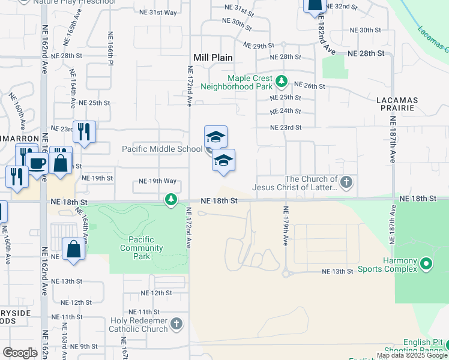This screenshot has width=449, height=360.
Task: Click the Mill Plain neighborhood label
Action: coord(213,58)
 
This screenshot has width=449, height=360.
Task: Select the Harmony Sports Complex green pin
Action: coord(426,263)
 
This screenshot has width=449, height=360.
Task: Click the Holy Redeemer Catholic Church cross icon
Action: coord(176,325)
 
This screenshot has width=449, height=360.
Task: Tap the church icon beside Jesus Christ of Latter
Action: coord(346,182)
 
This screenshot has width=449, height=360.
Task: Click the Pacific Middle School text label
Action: coord(162,149)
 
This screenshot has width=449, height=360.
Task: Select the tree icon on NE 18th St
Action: coord(171,199)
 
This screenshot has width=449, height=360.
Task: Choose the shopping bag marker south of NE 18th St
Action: coord(73,248)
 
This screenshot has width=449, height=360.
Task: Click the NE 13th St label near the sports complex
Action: coord(337,271)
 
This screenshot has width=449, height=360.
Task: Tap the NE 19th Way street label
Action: coord(157,181)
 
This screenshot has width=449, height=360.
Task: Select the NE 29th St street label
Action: coord(259,45)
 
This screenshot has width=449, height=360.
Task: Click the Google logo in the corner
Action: coord(20,352)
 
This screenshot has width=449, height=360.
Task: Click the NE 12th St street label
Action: coord(156,293)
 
